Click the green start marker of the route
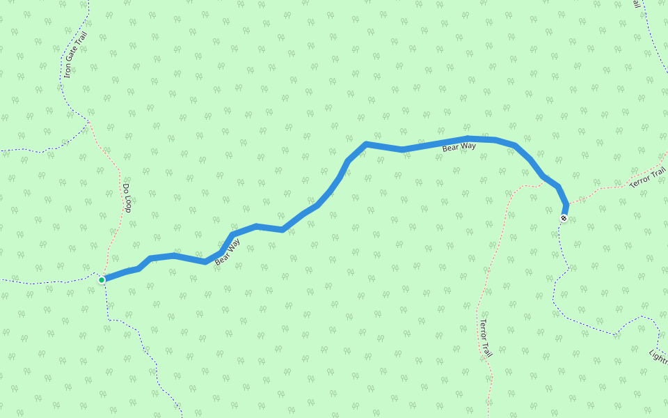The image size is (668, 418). pyautogui.click(x=102, y=280)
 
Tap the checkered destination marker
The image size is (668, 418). pyautogui.click(x=564, y=218)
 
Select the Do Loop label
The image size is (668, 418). pyautogui.click(x=127, y=198)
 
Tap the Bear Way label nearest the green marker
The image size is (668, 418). pyautogui.click(x=228, y=252)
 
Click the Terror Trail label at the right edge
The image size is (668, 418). pyautogui.click(x=647, y=178)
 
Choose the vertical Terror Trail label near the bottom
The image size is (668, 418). pyautogui.click(x=486, y=339)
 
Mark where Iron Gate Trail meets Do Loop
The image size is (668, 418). pyautogui.click(x=88, y=123)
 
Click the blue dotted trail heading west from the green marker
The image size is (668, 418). pyautogui.click(x=42, y=283)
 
